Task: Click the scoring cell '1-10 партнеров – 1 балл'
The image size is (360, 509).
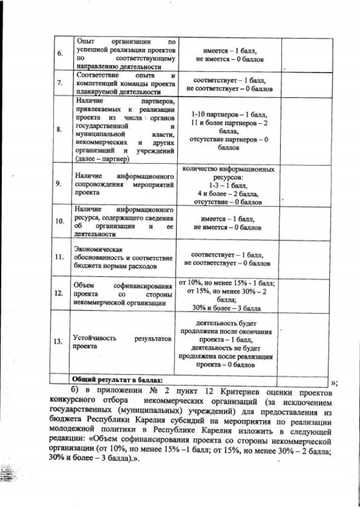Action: click(x=229, y=114)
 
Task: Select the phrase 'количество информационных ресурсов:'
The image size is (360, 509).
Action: click(x=229, y=173)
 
